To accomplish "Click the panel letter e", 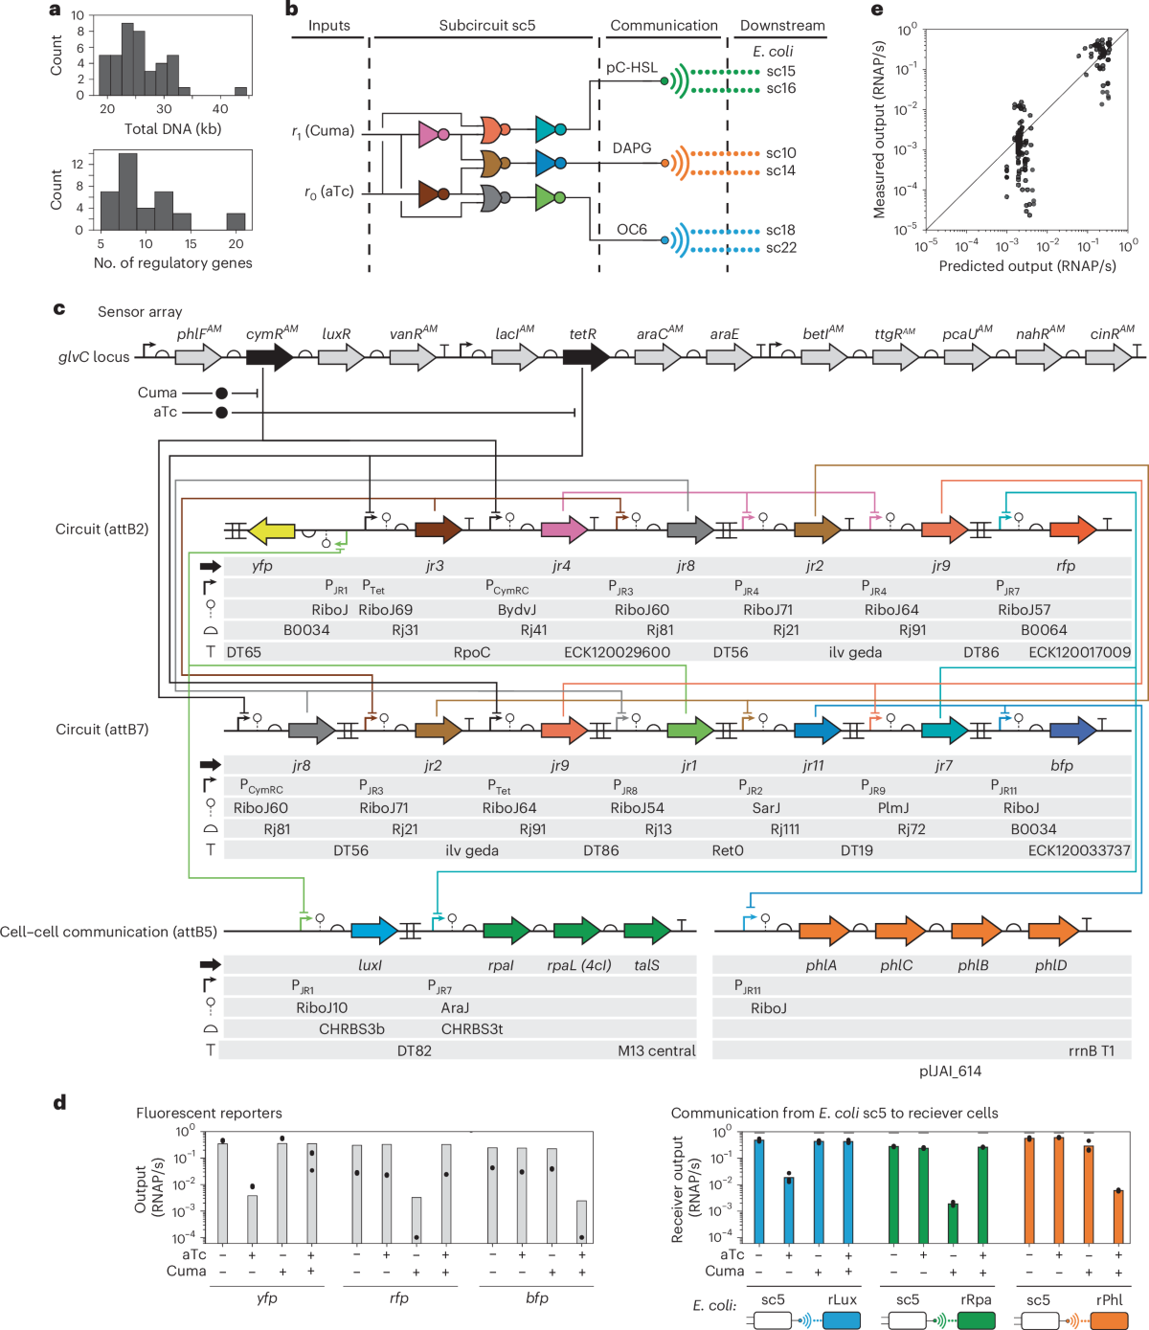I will pos(877,11).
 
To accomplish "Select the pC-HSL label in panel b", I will pos(631,67).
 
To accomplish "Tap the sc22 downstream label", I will pos(780,248).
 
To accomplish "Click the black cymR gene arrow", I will pos(270,357).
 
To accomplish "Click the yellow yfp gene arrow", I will pos(272,530).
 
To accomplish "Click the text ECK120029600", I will pos(617,652).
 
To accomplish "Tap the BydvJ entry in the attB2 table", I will pos(516,610).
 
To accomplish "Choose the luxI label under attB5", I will pos(370,965).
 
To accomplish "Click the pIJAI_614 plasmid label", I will pos(950,1071).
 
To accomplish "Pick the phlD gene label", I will pos(1050,965).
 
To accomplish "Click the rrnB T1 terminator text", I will pos(1092,1050).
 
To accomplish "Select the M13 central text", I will pos(656,1050).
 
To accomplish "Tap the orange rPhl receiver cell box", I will pos(1110,1320).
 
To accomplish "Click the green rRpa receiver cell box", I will pos(976,1320).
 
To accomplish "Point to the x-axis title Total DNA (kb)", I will pos(172,129).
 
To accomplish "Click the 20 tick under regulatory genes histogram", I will pos(236,244).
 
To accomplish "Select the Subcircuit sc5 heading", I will pos(486,26).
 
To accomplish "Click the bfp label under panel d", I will pos(536,1298).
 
